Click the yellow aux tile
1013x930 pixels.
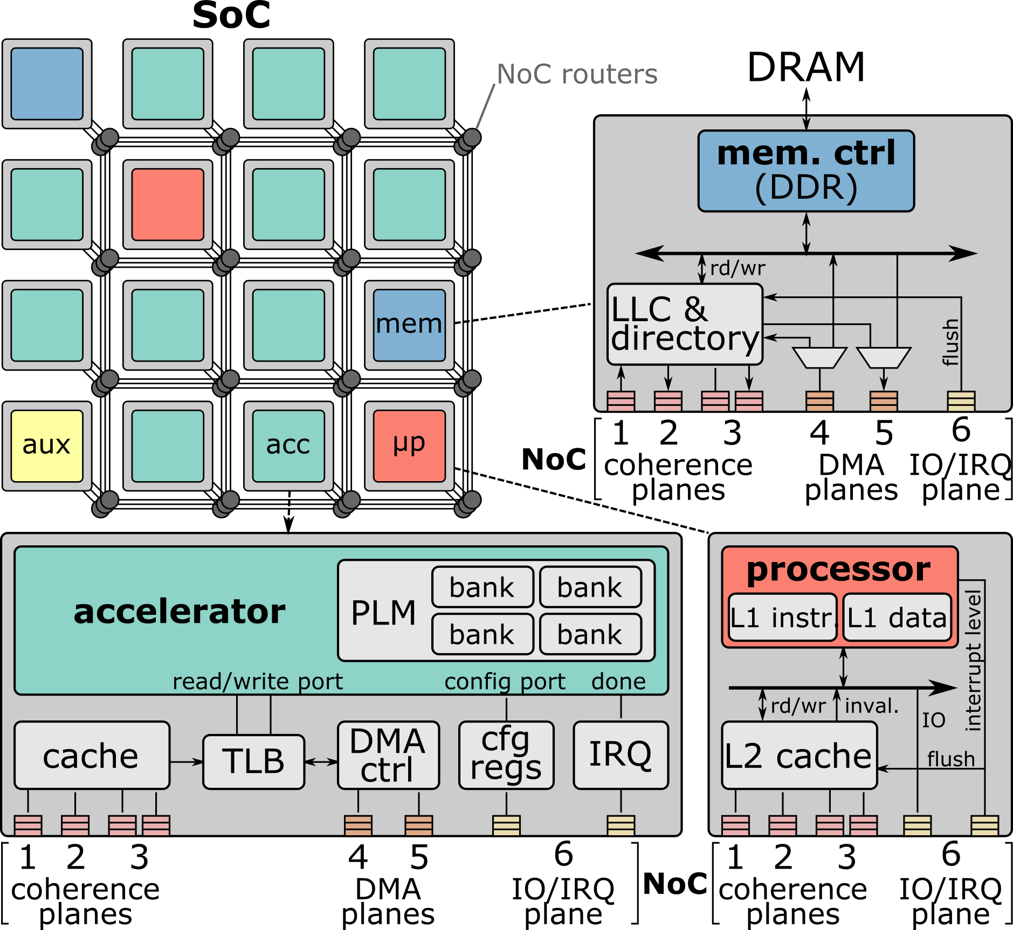(x=47, y=446)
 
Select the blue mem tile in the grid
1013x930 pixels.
(x=409, y=325)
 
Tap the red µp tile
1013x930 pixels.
(x=409, y=446)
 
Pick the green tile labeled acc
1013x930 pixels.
(x=288, y=446)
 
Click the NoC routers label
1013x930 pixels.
(x=577, y=74)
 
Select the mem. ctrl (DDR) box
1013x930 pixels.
(x=805, y=171)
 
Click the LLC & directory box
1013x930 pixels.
(x=684, y=324)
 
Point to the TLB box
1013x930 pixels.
(x=253, y=761)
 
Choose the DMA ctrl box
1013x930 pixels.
(x=388, y=755)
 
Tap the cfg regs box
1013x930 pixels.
(x=506, y=755)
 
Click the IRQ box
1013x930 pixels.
(x=621, y=755)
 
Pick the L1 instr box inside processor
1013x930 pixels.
(x=782, y=617)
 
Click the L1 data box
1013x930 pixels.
(x=897, y=617)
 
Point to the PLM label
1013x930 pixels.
(x=383, y=613)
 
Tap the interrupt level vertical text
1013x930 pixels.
(x=973, y=661)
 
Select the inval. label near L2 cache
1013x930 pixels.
(x=872, y=706)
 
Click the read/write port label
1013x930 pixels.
(x=257, y=682)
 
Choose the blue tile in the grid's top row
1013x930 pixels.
(x=47, y=84)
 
